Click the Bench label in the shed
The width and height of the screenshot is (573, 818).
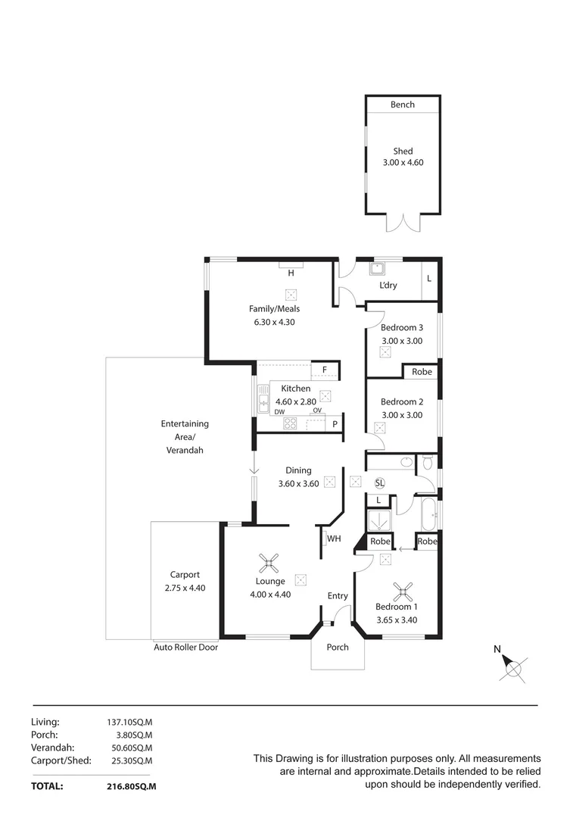pos(402,105)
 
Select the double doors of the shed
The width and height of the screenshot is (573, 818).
pos(402,223)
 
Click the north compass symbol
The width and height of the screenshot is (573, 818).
pos(514,667)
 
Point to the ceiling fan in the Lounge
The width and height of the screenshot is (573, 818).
pos(269,563)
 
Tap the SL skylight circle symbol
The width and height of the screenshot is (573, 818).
pos(379,482)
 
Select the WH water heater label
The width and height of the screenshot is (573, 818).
pos(335,539)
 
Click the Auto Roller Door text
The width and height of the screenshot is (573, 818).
pos(185,648)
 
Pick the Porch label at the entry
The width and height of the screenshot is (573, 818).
pos(338,647)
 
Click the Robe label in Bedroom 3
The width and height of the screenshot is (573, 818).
pos(422,372)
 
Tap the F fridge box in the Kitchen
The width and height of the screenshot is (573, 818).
pos(325,370)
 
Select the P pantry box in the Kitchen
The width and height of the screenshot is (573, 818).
pos(335,424)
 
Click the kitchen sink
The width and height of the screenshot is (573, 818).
pos(263,398)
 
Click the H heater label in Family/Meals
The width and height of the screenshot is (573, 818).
pos(291,272)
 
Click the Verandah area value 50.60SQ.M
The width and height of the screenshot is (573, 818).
pos(132,748)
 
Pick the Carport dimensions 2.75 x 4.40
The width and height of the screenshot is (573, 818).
pos(185,588)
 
